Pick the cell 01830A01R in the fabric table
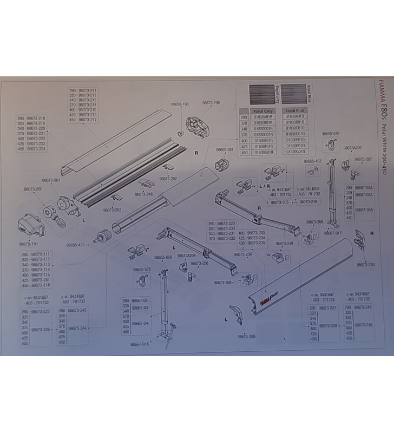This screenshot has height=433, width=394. (x=265, y=116)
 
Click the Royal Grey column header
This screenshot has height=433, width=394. (x=265, y=110)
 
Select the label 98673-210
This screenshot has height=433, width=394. (x=365, y=265)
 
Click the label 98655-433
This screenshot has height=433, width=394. (x=76, y=245)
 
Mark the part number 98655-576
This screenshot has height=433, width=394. (x=330, y=133)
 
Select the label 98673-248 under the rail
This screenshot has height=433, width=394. (x=144, y=194)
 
